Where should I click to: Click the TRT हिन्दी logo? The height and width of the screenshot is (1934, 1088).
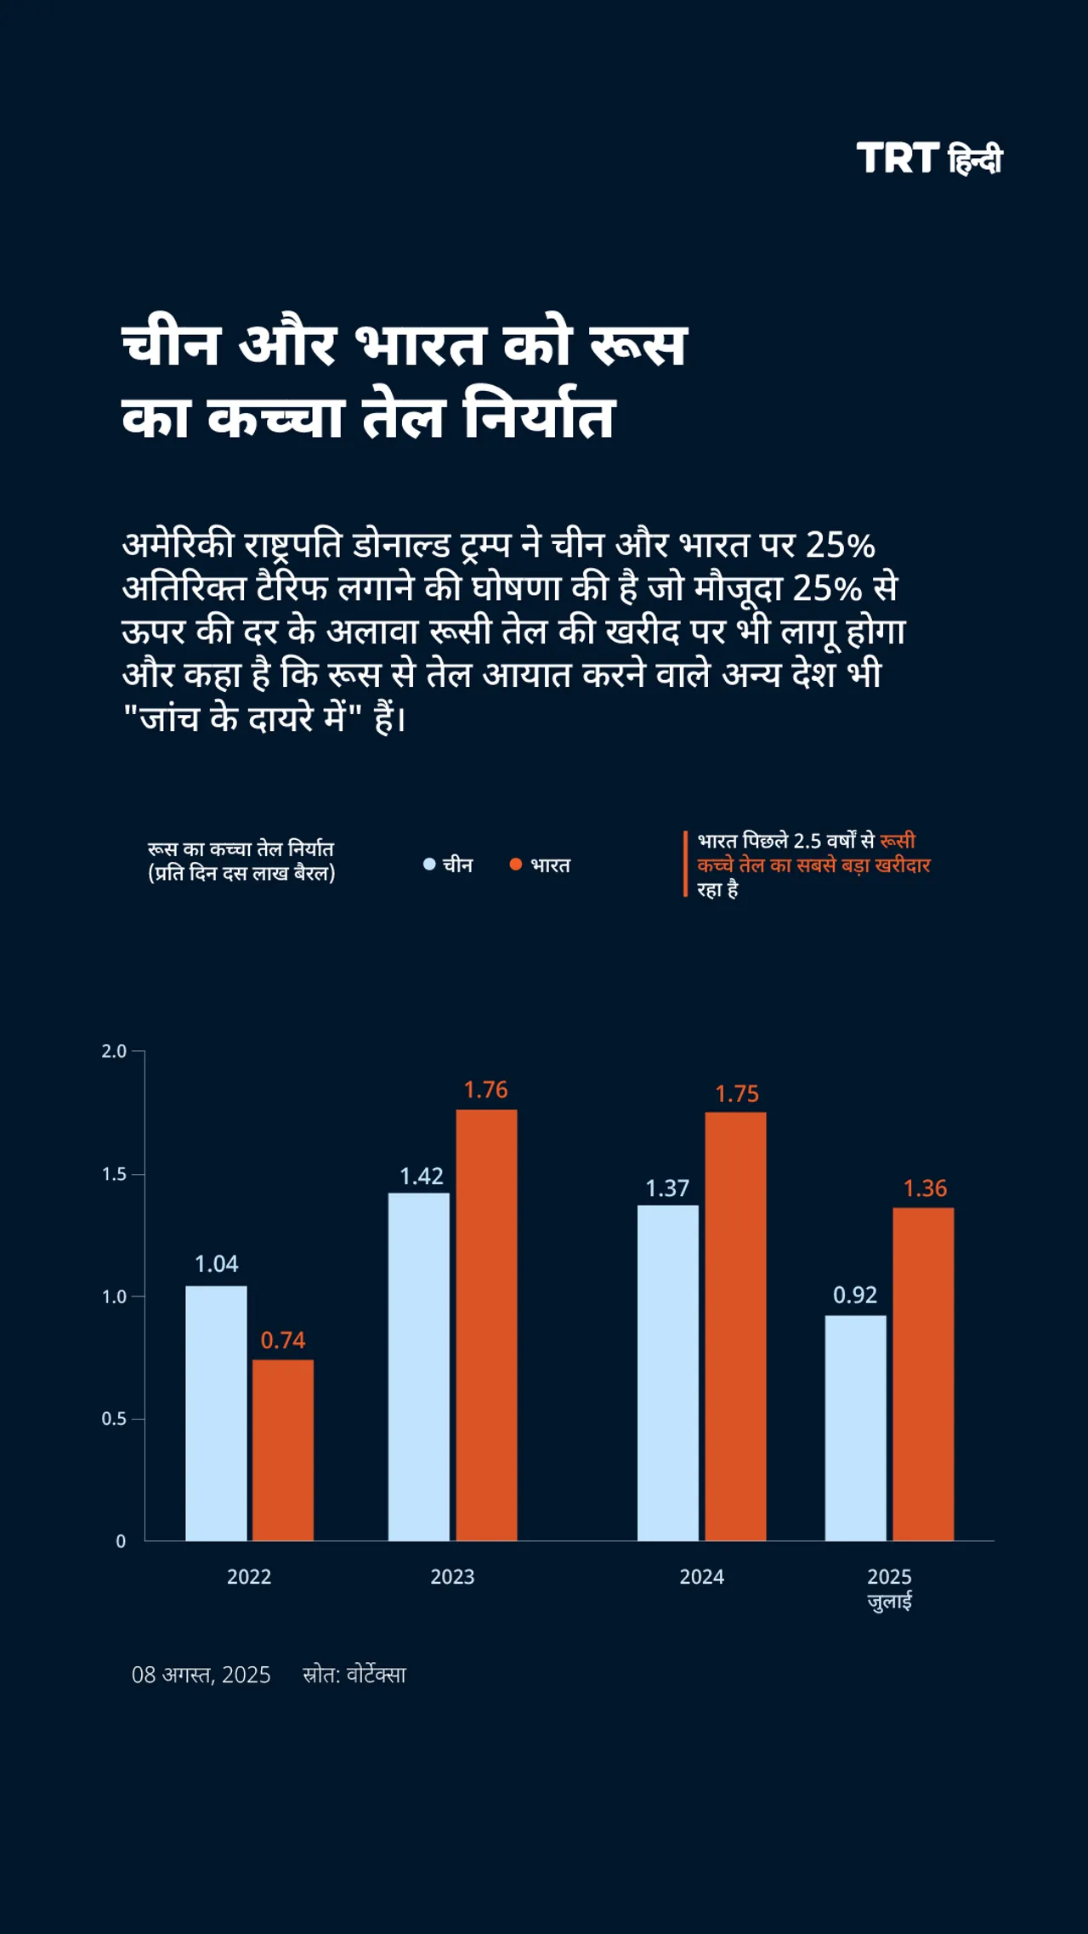(929, 159)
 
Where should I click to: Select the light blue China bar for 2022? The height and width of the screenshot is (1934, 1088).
(216, 1413)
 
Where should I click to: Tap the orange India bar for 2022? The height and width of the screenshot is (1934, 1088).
(282, 1450)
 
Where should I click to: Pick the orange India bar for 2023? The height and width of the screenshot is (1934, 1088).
(486, 1324)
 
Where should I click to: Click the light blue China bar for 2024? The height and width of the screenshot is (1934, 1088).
(667, 1372)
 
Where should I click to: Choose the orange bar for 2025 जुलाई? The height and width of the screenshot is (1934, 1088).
(923, 1374)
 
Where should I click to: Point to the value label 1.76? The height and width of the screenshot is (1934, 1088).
(485, 1090)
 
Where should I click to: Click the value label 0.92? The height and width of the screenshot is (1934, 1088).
(854, 1295)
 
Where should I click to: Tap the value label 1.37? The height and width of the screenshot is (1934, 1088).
(667, 1188)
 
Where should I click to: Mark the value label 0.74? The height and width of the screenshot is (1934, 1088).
(282, 1341)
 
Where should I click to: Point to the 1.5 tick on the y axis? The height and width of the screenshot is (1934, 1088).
(114, 1174)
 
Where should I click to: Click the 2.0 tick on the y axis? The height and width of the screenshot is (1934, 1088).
(114, 1052)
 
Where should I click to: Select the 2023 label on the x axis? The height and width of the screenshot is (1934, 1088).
(452, 1577)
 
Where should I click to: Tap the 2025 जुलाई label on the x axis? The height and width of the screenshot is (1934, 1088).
(889, 1588)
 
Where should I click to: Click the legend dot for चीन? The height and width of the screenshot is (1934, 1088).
(429, 865)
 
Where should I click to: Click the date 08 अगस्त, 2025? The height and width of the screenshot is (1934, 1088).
(201, 1675)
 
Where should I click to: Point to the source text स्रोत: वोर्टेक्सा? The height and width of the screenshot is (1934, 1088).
(354, 1675)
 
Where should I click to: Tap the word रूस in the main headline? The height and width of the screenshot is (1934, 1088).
(637, 346)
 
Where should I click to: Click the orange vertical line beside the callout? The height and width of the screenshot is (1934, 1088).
(685, 864)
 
